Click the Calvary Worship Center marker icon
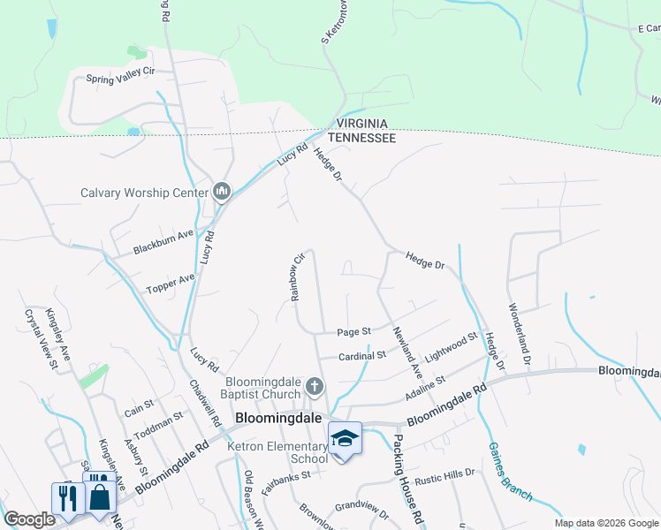[x=221, y=192]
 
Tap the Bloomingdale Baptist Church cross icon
[x=315, y=387]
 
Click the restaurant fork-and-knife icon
[x=67, y=497]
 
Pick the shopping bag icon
[x=100, y=495]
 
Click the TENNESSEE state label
[x=361, y=138]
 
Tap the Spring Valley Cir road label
[x=121, y=78]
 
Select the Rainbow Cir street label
[x=298, y=278]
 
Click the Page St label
[x=353, y=332]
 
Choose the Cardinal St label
[x=362, y=356]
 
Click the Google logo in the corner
[x=29, y=519]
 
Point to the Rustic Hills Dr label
[x=444, y=473]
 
